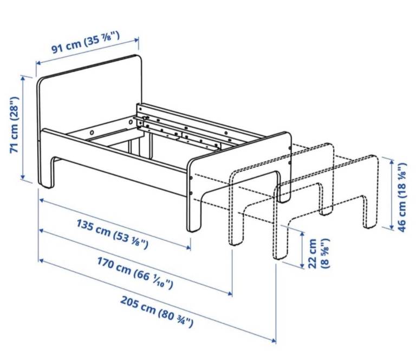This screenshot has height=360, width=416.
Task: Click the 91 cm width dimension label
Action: click(x=86, y=42)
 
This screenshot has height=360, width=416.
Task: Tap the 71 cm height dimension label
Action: click(x=14, y=125)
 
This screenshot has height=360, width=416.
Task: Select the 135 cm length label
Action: click(x=112, y=234)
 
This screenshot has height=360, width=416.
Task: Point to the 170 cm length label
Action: click(x=135, y=273)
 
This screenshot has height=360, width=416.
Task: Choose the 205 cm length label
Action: click(x=157, y=312)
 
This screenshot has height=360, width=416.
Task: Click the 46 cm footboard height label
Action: click(x=402, y=198)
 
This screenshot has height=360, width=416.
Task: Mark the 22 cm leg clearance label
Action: click(x=319, y=254)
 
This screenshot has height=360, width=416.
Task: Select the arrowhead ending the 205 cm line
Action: click(x=273, y=341)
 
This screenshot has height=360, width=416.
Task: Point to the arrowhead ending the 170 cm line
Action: click(x=230, y=293)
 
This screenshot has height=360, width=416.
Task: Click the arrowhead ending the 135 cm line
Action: click(x=188, y=247)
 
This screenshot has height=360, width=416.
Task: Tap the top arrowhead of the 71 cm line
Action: click(x=23, y=78)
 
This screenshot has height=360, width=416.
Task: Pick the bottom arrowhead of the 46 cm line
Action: click(x=391, y=227)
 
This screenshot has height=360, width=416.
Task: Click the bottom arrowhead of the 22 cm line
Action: click(x=302, y=265)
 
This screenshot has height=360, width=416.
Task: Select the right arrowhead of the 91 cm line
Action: click(x=136, y=40)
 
